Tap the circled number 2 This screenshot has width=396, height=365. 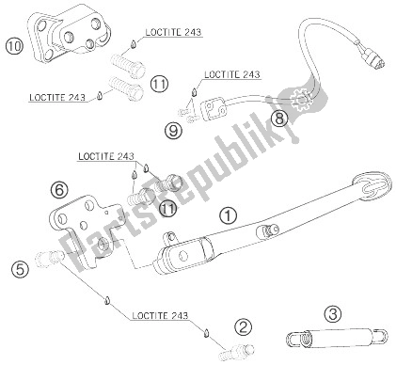(x=244, y=327)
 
